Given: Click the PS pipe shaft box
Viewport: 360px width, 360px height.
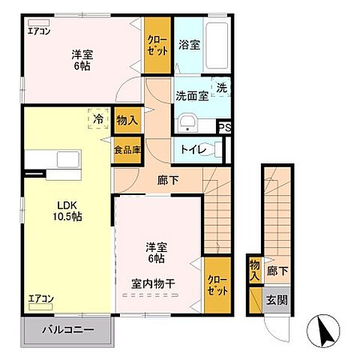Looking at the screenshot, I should coord(224,127).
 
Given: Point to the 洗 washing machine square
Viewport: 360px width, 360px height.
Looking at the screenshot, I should coord(221,88).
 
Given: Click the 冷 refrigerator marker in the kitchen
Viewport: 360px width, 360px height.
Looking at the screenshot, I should coord(97,118).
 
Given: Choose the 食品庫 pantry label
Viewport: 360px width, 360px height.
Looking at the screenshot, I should coord(127,149).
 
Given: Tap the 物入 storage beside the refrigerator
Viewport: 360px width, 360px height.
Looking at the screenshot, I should coord(127,120).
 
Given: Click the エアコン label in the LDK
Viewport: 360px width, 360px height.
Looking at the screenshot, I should coord(41,298).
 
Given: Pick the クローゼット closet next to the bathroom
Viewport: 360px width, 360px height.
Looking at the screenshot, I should coord(157,45).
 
